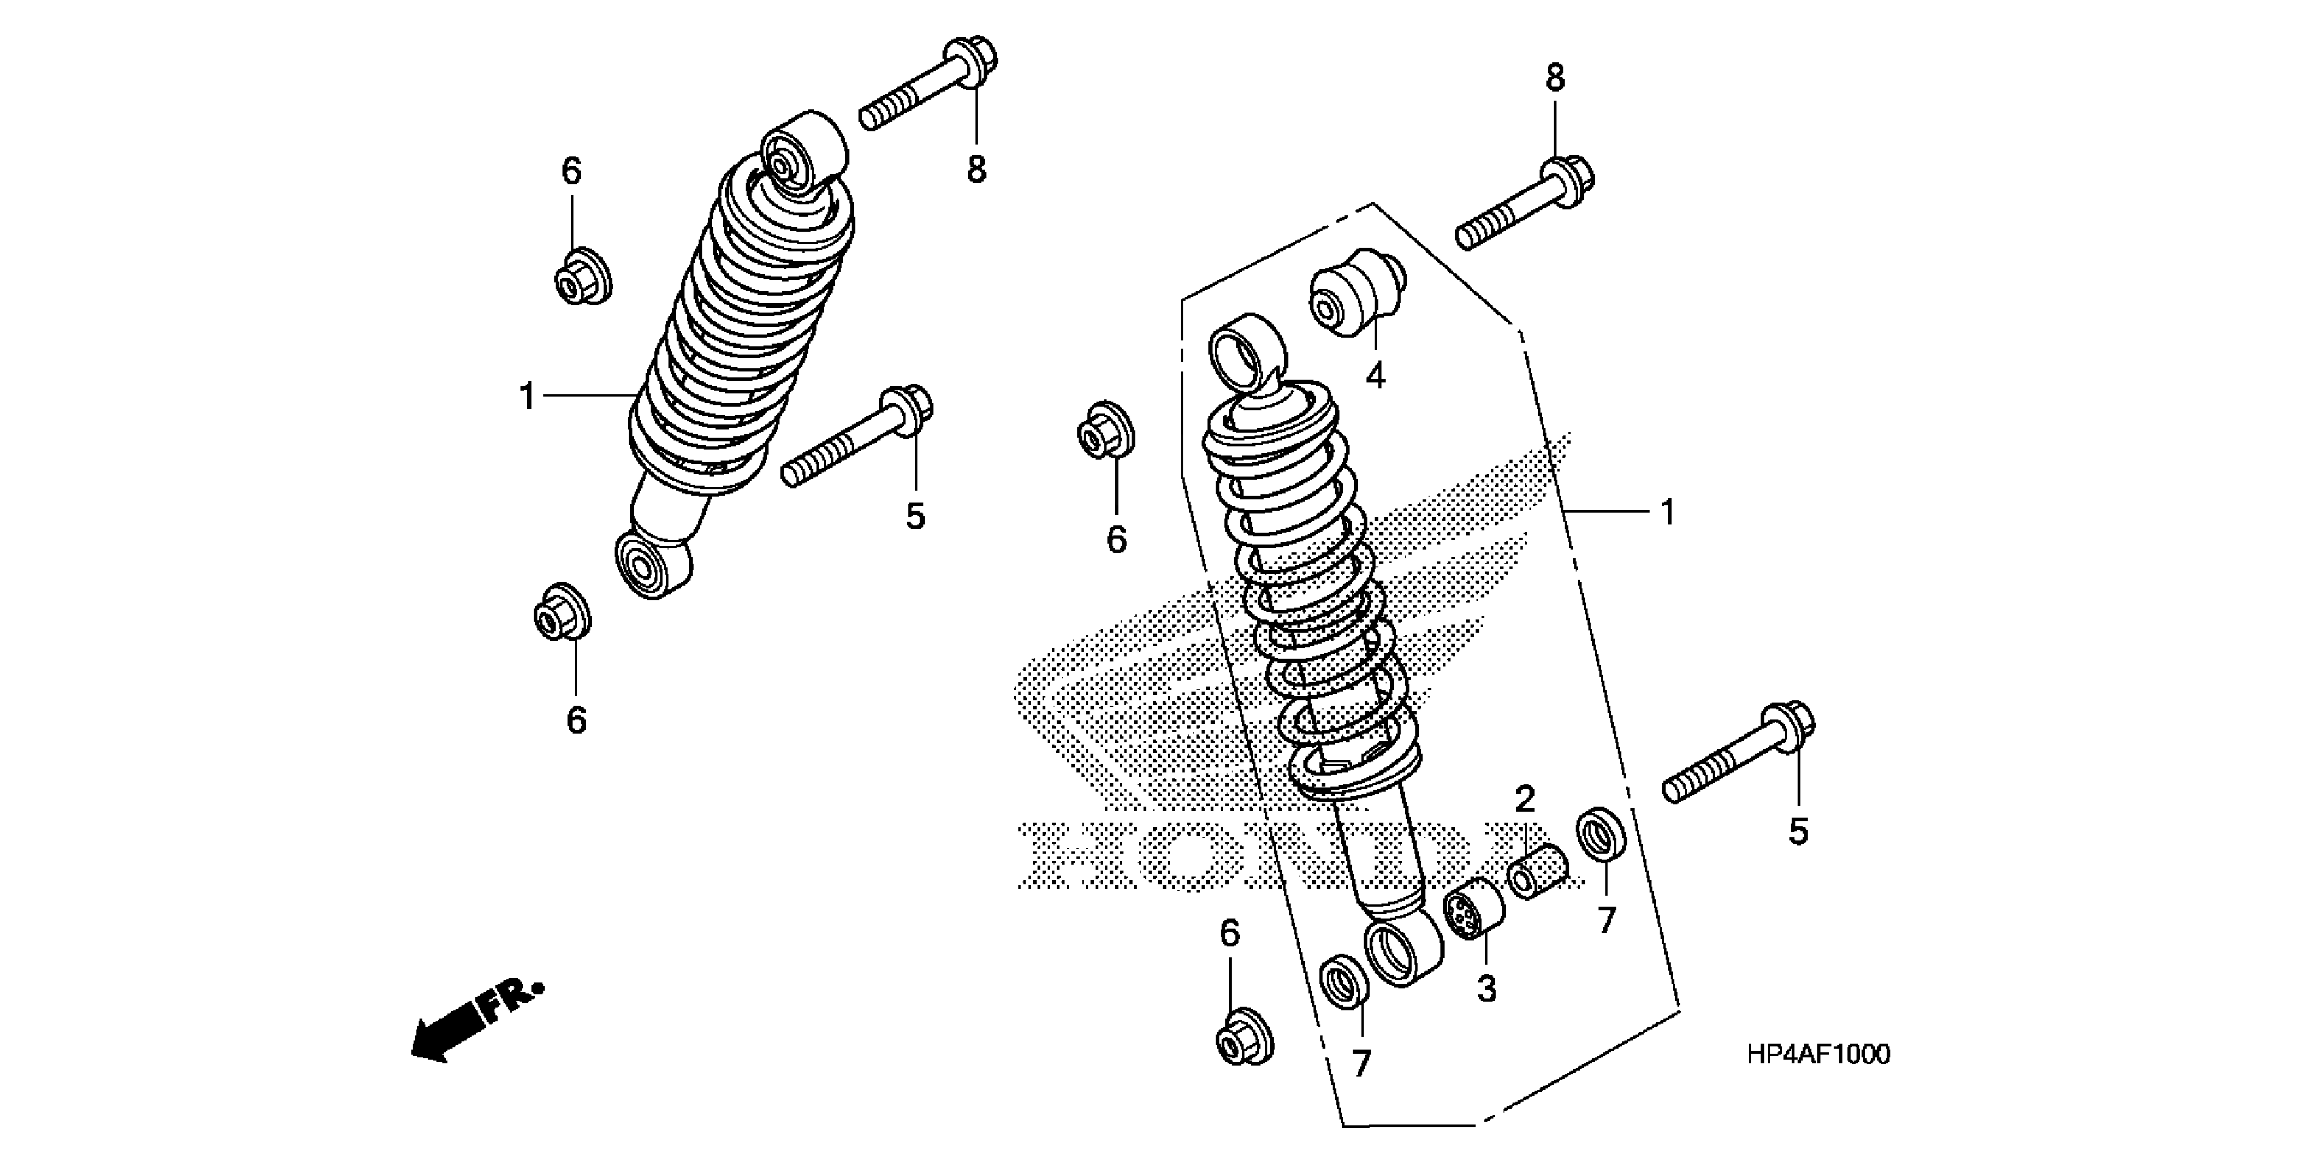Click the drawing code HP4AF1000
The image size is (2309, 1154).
click(1818, 1054)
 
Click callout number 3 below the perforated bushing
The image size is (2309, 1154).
click(1486, 990)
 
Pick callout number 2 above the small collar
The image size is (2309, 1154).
click(1525, 798)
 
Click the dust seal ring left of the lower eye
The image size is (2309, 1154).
click(1346, 982)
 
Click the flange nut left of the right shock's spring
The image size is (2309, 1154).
click(1105, 431)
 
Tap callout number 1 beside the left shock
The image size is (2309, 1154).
click(527, 396)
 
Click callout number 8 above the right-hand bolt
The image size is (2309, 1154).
click(1554, 79)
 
